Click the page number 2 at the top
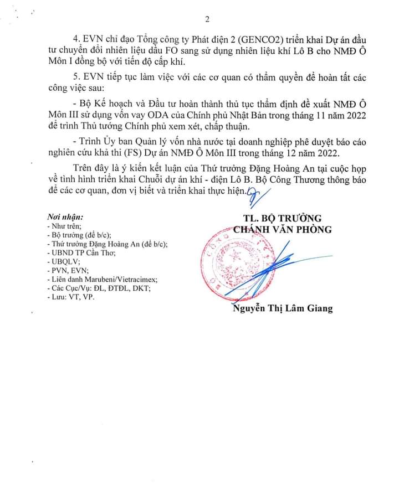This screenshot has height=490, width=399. (207, 20)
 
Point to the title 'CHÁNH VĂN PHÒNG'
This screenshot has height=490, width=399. (282, 229)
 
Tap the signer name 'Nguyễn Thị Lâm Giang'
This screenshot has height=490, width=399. (283, 308)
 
